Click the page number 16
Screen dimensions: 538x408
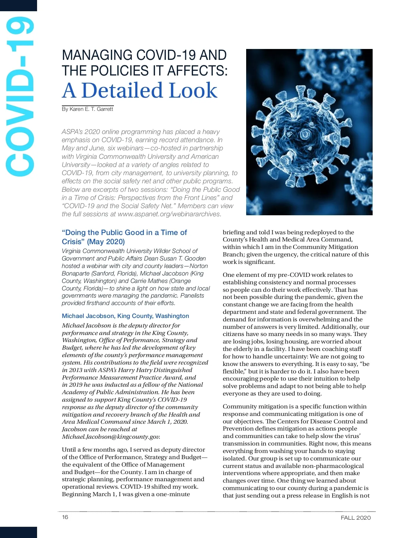[x=65, y=517]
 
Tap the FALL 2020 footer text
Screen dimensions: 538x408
[x=356, y=518]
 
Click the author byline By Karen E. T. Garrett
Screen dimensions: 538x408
[x=87, y=109]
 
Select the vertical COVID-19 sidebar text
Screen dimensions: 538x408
[x=20, y=97]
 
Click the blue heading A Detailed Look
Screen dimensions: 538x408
[x=140, y=90]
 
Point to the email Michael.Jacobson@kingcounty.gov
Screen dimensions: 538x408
[x=111, y=437]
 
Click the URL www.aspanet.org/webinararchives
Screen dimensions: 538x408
[x=169, y=214]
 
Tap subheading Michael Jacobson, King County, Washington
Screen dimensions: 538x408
[x=125, y=316]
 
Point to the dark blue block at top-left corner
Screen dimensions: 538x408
[x=18, y=5]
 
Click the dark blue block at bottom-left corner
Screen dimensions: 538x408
[x=18, y=532]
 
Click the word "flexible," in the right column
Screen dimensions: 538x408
[x=234, y=371]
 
